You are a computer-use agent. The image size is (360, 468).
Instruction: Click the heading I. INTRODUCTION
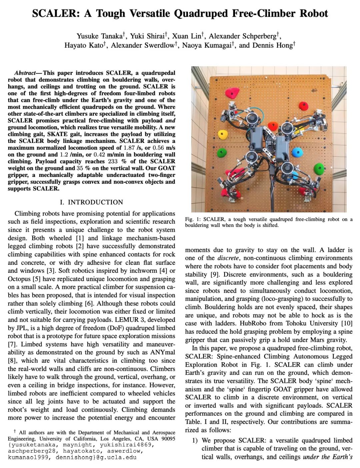91,202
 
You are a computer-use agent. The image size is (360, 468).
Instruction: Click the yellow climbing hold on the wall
222,134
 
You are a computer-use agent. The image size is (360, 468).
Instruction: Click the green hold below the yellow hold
221,153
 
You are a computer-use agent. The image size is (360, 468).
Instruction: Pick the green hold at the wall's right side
319,169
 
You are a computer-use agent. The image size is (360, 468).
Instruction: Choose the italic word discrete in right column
228,258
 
